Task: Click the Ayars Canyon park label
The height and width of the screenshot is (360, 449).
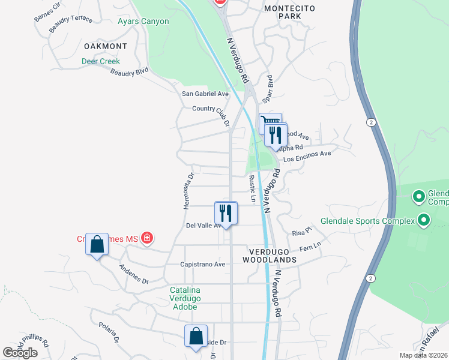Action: (143, 22)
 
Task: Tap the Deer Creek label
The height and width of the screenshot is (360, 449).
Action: (101, 61)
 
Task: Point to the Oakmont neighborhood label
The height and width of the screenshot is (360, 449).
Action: (106, 46)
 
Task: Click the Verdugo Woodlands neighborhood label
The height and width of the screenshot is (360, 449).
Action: (270, 254)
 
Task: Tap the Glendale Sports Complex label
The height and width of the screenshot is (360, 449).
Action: (367, 221)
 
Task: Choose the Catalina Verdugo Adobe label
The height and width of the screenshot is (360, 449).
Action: (184, 298)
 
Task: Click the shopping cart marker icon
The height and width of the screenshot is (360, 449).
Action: (270, 123)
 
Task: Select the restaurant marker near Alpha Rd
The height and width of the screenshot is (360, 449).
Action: (276, 134)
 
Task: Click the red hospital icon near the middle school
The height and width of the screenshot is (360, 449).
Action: (147, 239)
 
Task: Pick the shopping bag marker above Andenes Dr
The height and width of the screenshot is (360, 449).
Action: (97, 244)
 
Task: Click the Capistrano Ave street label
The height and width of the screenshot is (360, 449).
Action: (203, 264)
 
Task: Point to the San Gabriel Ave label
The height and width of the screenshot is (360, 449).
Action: (206, 94)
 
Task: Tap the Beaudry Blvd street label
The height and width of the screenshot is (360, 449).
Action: (129, 72)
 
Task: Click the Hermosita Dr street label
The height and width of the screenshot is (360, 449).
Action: (188, 191)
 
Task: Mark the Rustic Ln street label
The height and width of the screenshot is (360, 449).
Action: (253, 188)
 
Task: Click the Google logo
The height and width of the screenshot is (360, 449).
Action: (20, 353)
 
